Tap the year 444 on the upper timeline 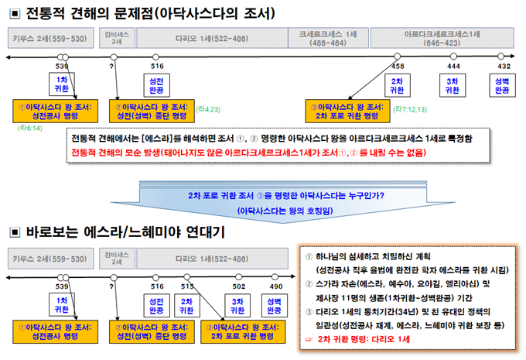[x=454, y=67]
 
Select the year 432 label [x=504, y=67]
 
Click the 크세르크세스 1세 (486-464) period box [x=328, y=38]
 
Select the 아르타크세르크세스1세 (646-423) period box [x=443, y=38]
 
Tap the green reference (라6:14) [x=31, y=127]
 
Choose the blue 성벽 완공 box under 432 [x=503, y=84]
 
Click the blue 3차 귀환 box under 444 [x=453, y=84]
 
